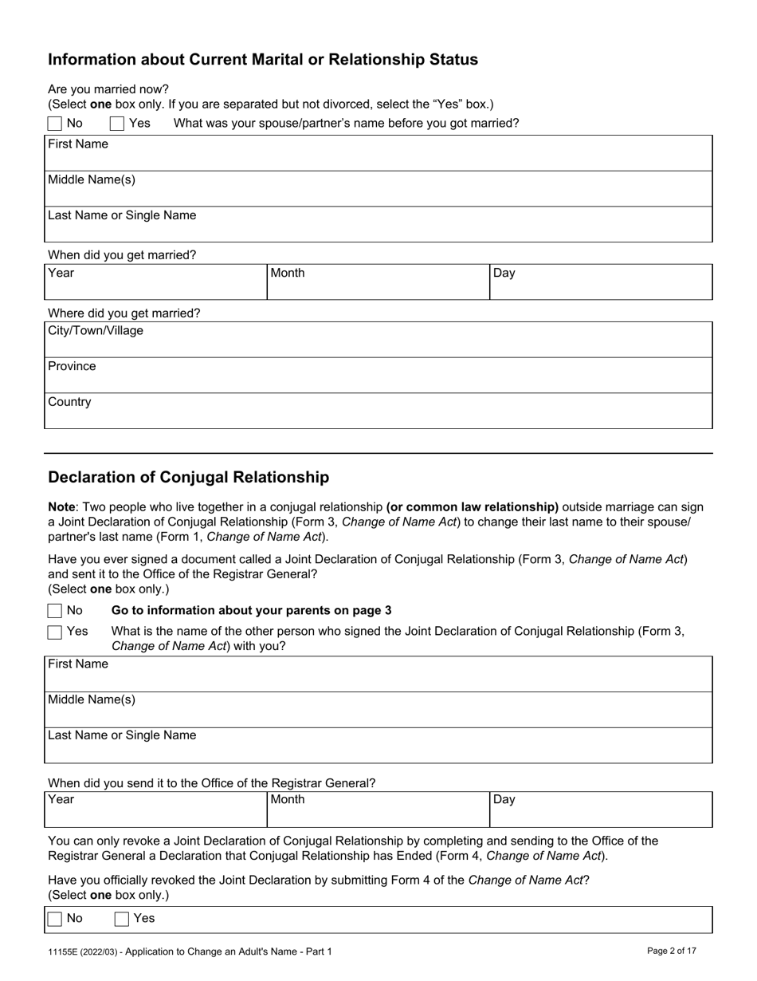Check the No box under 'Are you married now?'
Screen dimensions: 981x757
(55, 124)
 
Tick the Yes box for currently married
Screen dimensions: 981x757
(117, 124)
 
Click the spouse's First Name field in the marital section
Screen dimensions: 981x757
(378, 153)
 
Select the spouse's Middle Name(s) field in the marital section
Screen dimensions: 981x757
(378, 189)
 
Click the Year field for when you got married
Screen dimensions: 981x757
(155, 282)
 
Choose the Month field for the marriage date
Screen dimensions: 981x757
(378, 282)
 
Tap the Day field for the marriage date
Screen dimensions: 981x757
(601, 282)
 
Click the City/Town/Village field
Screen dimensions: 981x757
(378, 340)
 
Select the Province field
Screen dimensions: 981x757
(378, 376)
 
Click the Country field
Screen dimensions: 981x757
(378, 412)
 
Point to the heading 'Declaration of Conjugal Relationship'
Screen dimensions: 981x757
(188, 478)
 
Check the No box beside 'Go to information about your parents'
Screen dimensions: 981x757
(55, 611)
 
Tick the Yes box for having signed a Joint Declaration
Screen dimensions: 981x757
(55, 632)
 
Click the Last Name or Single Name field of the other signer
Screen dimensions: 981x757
(378, 746)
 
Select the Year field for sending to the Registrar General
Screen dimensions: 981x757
(155, 810)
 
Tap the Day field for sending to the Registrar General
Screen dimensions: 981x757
(601, 810)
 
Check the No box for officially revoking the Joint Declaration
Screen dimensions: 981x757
(55, 920)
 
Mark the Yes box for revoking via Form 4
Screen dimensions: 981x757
(122, 920)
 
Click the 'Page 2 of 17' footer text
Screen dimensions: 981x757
(672, 951)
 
